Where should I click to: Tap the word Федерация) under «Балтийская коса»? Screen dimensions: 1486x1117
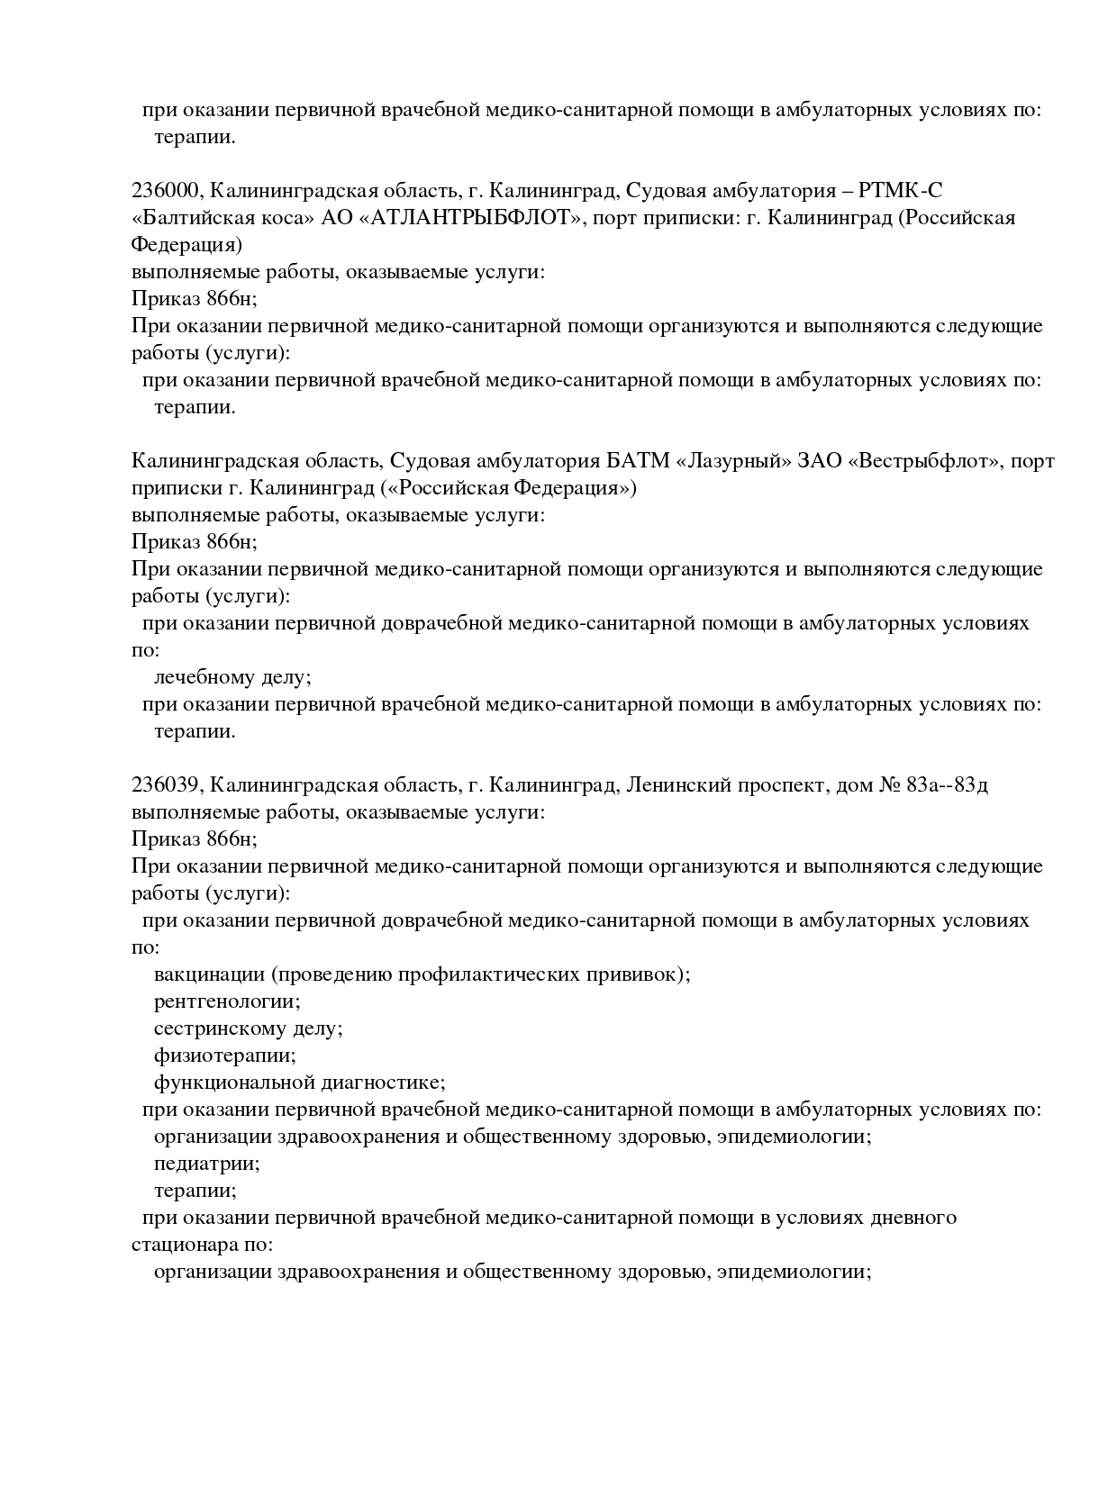pos(186,245)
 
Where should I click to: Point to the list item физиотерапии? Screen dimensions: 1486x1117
pos(224,1056)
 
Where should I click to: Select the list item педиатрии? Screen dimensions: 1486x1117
pos(207,1164)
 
